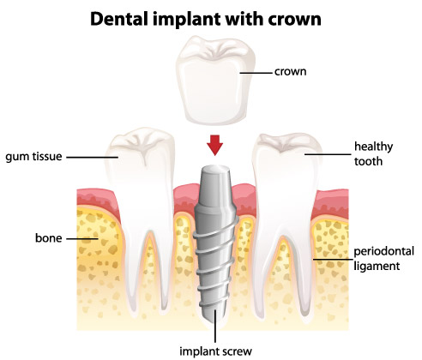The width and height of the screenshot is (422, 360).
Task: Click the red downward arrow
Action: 214,145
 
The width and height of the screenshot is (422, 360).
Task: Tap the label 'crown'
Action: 290,71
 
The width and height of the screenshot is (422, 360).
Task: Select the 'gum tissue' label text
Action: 33,157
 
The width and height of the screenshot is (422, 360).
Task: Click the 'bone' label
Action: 48,238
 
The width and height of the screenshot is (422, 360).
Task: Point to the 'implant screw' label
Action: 216,351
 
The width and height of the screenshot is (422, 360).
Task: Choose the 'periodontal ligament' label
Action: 384,259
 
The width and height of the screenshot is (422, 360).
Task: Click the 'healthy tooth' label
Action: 373,153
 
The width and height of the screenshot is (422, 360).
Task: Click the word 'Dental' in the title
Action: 120,19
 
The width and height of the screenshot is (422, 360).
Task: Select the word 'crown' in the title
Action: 294,20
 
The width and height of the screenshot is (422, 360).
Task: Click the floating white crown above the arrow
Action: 215,81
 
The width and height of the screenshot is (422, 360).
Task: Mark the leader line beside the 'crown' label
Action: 256,73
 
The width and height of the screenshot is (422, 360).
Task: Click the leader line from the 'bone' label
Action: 82,238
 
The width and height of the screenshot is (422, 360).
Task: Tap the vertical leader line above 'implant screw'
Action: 215,327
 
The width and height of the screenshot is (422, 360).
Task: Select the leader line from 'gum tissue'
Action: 93,157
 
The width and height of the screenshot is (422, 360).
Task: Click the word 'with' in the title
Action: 244,19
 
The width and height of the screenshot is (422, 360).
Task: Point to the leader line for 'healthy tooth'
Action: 328,154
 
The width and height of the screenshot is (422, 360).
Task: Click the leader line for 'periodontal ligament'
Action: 333,260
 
